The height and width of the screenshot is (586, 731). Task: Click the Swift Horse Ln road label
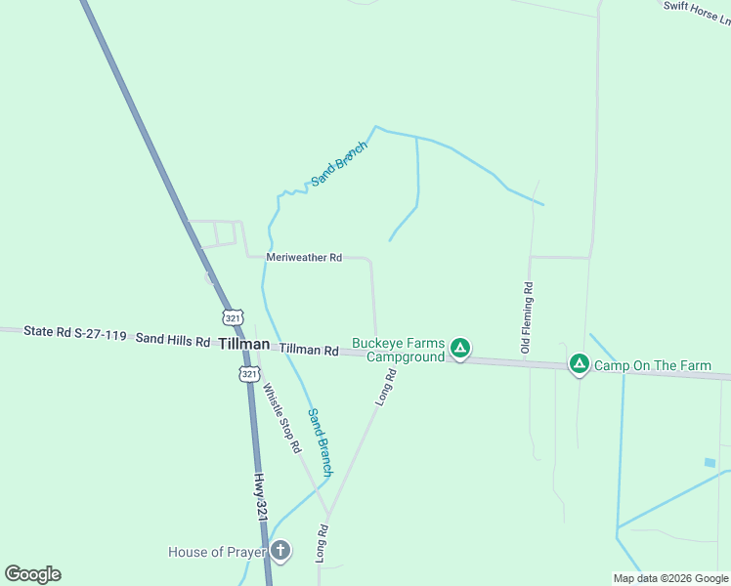point(697,9)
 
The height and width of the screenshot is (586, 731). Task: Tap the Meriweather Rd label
point(304,258)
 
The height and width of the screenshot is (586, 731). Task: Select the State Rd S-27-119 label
point(75,334)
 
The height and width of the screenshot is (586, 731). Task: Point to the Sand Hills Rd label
point(173,340)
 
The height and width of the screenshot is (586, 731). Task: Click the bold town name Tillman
point(243,344)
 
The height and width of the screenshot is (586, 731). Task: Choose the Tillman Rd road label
point(309,349)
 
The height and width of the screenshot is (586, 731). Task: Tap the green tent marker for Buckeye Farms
point(461,348)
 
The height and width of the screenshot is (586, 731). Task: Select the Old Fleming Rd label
point(526,317)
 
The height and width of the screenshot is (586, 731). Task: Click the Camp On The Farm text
point(653,366)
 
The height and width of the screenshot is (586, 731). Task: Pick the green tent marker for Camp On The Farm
point(579,365)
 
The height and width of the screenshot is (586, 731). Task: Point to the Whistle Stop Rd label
point(279,417)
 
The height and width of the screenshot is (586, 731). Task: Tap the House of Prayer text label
point(217,552)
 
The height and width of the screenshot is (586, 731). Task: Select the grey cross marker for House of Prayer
point(280,551)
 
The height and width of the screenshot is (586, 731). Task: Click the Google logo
point(33,573)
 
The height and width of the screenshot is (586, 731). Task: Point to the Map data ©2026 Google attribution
point(670,578)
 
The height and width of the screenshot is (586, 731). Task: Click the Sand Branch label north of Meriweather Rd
point(338,164)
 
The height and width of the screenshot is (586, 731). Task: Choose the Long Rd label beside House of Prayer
point(321,543)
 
